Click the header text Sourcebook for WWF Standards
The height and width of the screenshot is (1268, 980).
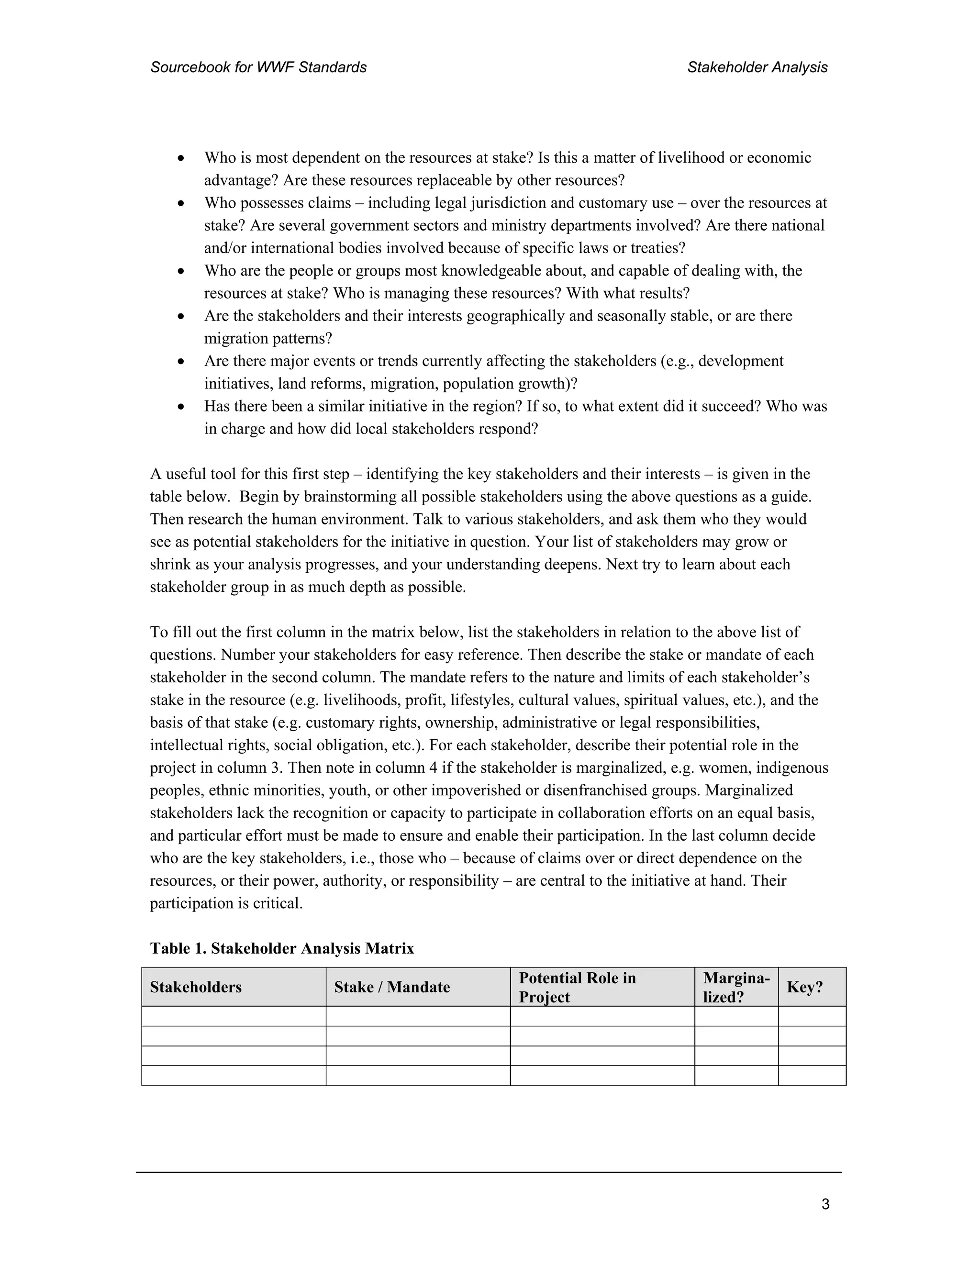click(x=258, y=67)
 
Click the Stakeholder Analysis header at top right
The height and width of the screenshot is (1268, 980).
click(x=757, y=67)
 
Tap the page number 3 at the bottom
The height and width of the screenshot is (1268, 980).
click(x=825, y=1204)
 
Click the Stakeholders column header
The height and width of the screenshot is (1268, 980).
click(x=196, y=987)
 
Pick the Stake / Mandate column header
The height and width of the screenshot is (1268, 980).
click(x=392, y=987)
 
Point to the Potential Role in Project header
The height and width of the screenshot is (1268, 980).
click(x=577, y=987)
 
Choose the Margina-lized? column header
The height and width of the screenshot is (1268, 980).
click(x=735, y=987)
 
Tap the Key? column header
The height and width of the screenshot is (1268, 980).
click(x=805, y=987)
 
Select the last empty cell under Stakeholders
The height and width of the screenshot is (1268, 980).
click(x=234, y=1075)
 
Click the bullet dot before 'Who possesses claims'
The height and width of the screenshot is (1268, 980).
click(x=182, y=203)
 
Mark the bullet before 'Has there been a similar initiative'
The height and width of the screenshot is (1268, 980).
click(x=182, y=406)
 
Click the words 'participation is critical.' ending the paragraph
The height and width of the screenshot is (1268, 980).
click(x=226, y=903)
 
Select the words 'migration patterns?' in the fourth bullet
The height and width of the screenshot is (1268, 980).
click(x=267, y=338)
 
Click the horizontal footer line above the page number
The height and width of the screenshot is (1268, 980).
click(x=488, y=1172)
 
